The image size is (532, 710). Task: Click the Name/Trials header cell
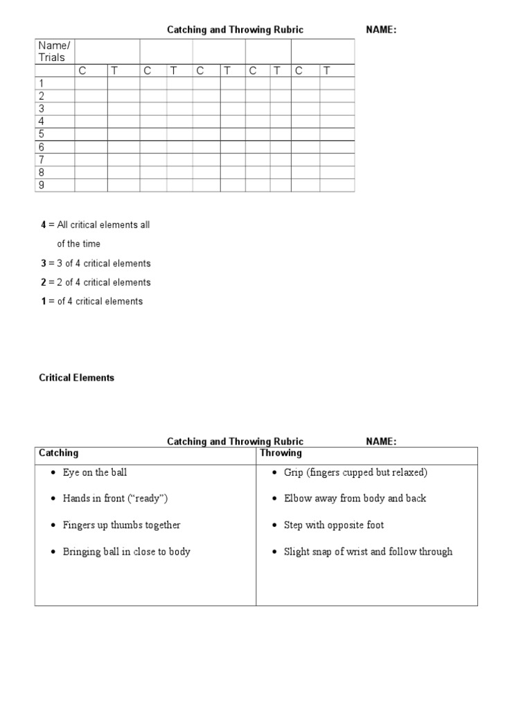click(54, 51)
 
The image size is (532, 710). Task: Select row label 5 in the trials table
click(42, 134)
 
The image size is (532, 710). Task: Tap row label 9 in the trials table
click(42, 185)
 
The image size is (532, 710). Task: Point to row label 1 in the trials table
click(42, 83)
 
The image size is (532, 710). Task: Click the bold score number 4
click(43, 225)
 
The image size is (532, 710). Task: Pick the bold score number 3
click(43, 263)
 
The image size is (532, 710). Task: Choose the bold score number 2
click(43, 282)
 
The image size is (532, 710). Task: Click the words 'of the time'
click(78, 244)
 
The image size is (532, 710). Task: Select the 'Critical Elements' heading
click(76, 378)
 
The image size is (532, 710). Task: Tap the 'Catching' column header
click(58, 453)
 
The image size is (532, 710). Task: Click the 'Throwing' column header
click(281, 453)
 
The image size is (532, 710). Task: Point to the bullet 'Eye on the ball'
click(95, 472)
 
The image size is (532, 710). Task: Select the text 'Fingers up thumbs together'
click(121, 525)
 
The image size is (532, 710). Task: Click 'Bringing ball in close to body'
click(126, 552)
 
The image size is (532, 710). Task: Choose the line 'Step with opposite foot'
click(334, 525)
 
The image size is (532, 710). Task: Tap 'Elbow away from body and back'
click(355, 499)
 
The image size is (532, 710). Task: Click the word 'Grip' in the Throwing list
click(294, 472)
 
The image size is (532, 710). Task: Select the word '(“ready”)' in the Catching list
click(148, 499)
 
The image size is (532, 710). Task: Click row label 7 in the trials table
click(42, 159)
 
